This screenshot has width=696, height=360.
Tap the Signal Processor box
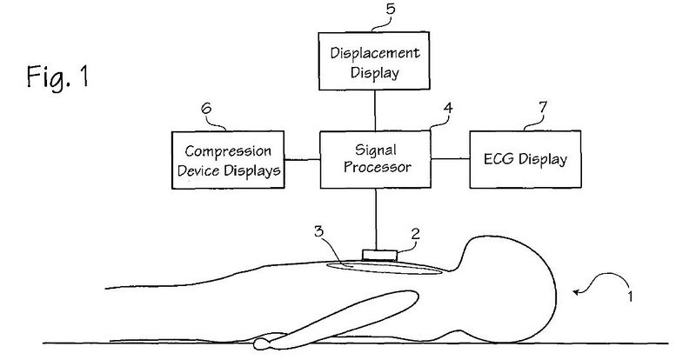click(x=376, y=160)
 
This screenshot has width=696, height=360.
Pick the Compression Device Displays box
click(x=228, y=160)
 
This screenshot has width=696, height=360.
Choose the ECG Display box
click(x=525, y=160)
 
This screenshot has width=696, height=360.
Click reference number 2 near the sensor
click(x=415, y=234)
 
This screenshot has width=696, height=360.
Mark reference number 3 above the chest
click(x=319, y=234)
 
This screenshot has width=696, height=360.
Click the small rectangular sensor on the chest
click(x=379, y=255)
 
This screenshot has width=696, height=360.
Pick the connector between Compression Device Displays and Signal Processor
click(x=301, y=160)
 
